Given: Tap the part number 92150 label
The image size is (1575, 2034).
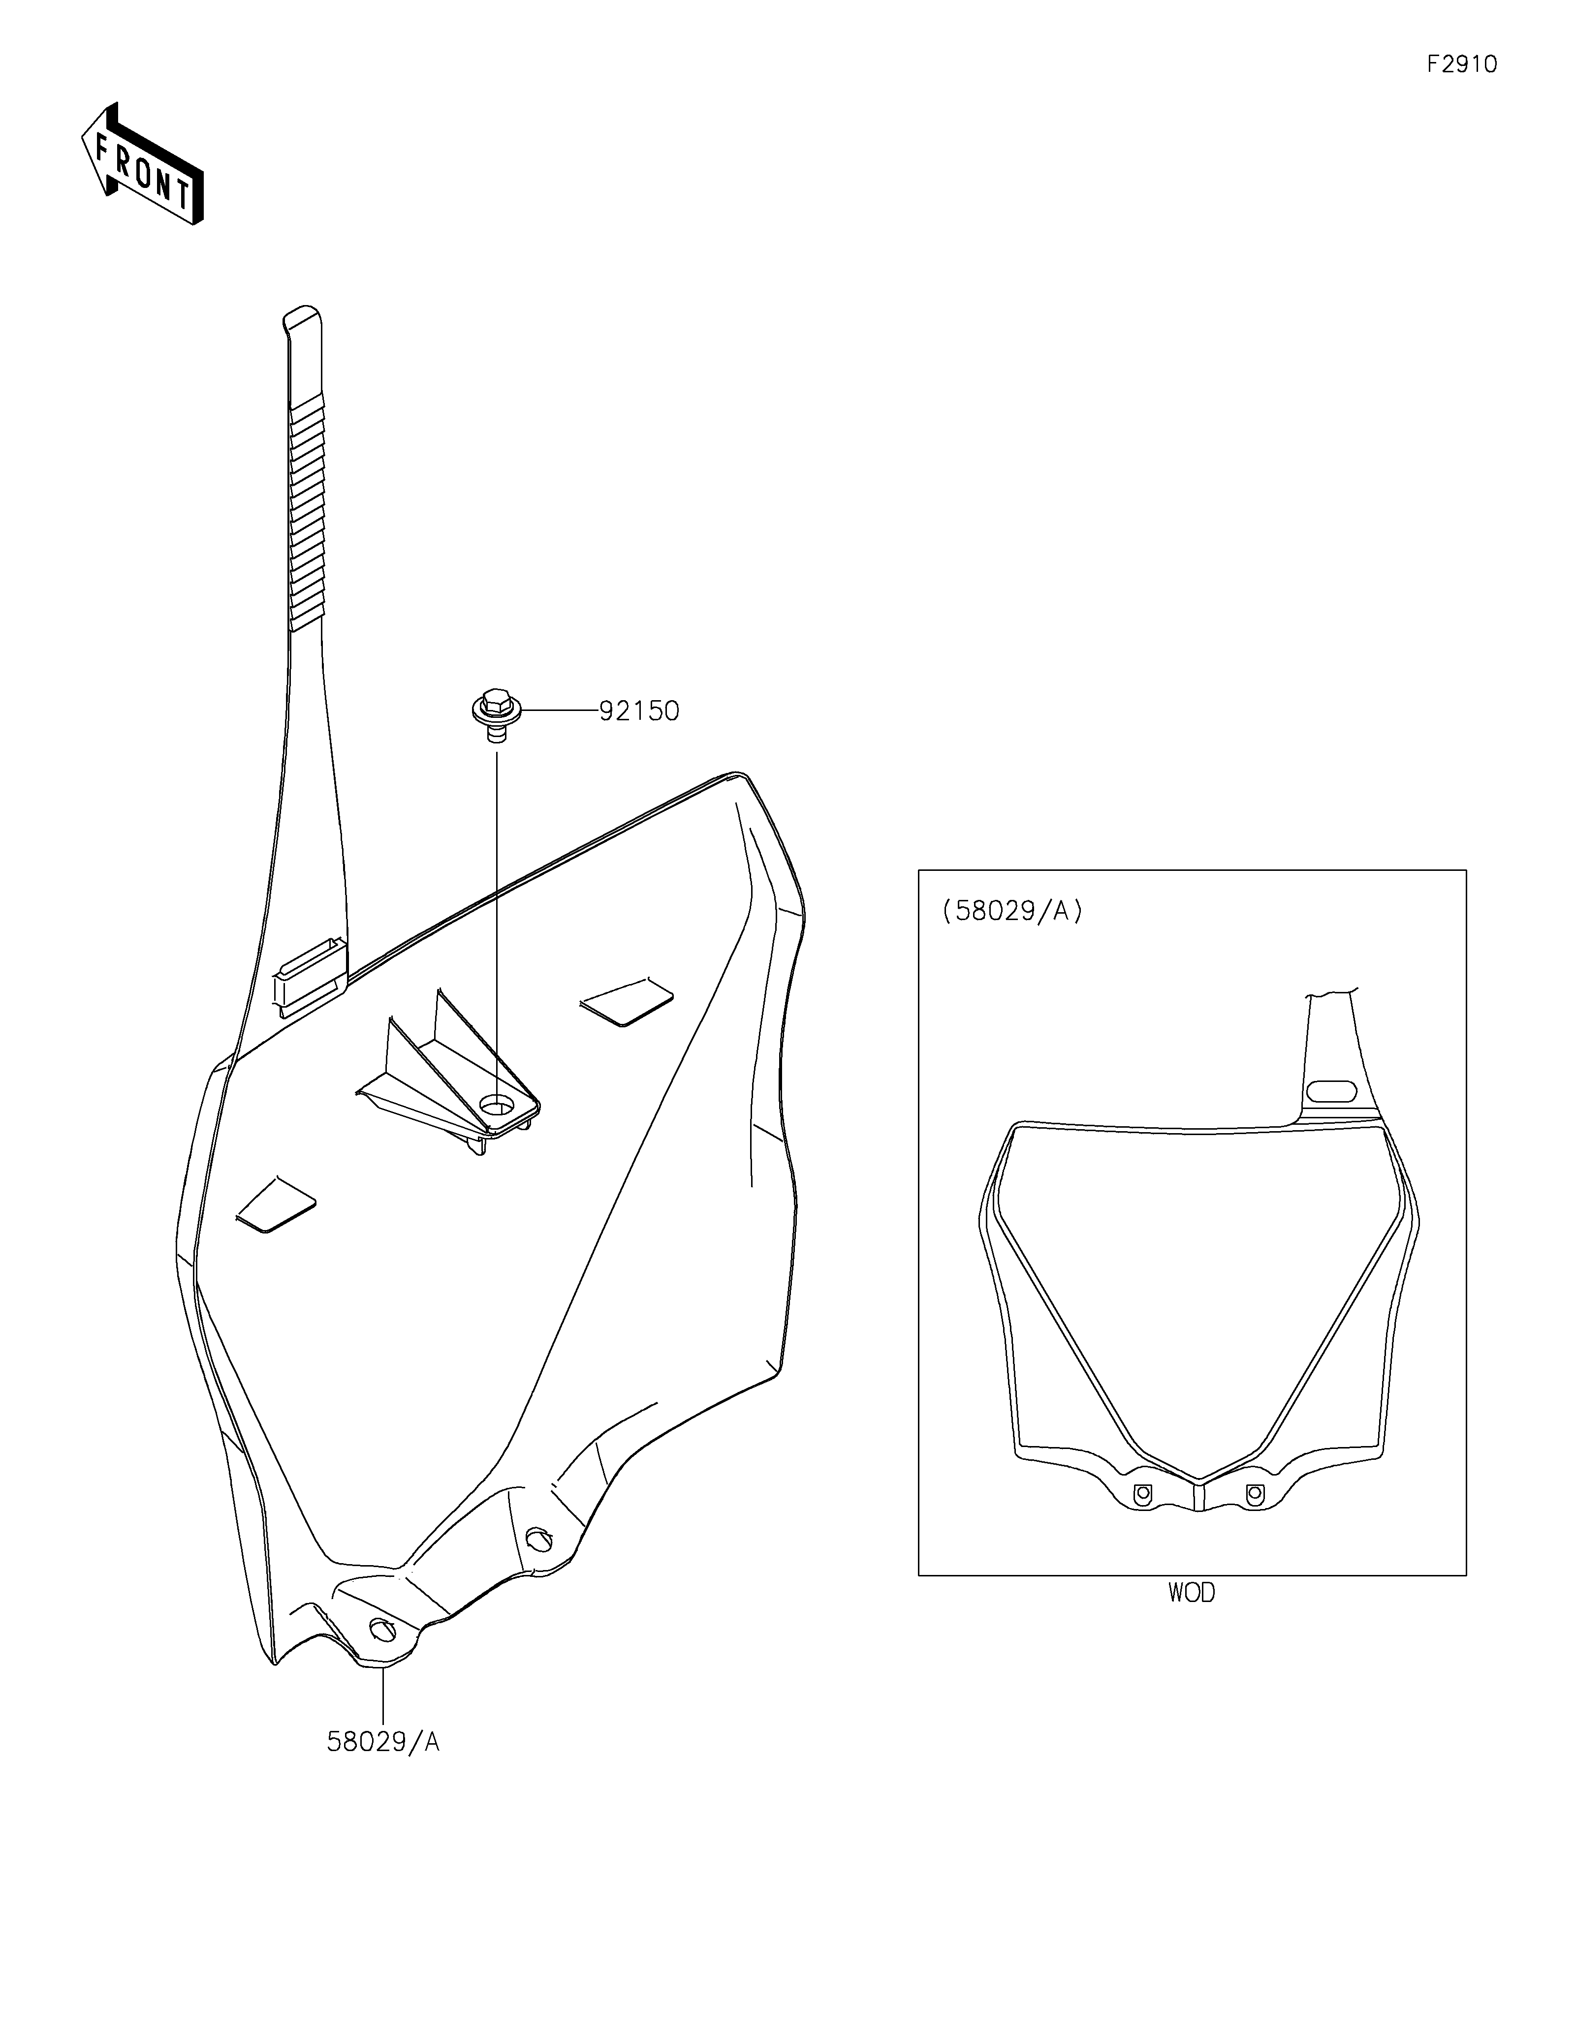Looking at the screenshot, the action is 639,711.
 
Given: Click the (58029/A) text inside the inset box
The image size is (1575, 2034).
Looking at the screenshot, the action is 1012,911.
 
